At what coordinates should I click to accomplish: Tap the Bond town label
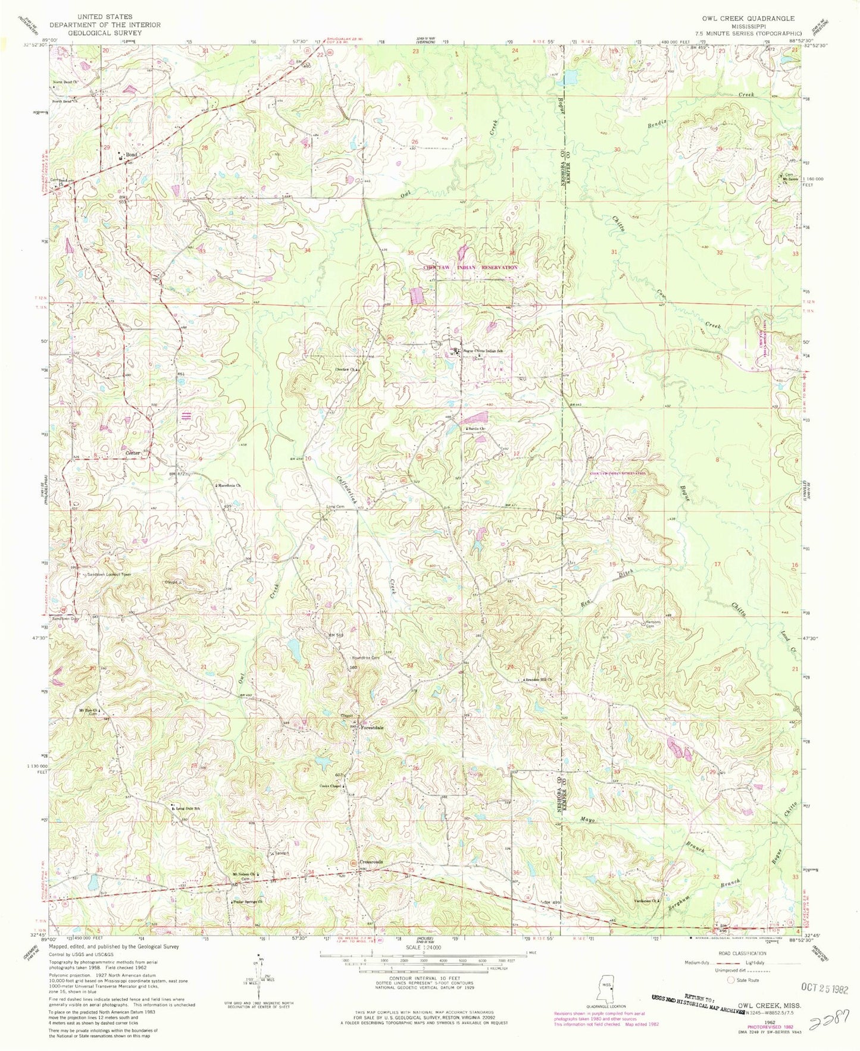[131, 155]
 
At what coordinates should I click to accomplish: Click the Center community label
[132, 453]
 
